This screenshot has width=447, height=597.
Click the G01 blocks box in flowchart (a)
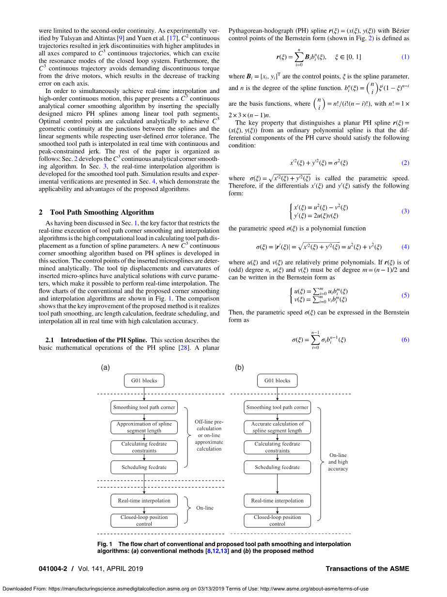[144, 380]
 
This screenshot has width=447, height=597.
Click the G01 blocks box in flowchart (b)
[277, 380]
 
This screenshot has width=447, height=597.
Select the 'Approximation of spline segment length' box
[144, 427]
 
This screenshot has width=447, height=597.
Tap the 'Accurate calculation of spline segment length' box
[277, 427]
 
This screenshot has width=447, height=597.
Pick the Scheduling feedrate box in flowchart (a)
[144, 467]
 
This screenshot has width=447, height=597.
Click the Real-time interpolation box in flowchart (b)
[277, 501]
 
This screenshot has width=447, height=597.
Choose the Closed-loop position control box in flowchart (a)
[144, 520]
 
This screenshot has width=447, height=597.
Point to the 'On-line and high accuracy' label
[338, 462]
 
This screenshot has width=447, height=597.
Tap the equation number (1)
[405, 57]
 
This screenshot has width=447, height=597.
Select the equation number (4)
[405, 247]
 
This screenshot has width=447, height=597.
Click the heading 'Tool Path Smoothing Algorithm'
[102, 212]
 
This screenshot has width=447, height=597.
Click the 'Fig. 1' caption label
[105, 544]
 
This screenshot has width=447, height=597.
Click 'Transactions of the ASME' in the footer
[368, 568]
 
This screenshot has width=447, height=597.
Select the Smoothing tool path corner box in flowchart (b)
[277, 408]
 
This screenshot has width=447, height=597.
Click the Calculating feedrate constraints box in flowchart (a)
[144, 447]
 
